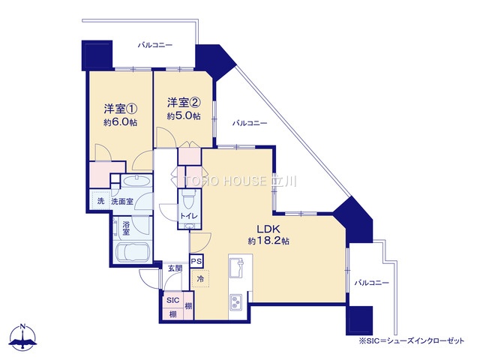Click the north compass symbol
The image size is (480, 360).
(22, 337)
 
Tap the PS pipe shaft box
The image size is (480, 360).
(196, 262)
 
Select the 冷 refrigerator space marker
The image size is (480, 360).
(200, 279)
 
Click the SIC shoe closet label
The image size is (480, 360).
(173, 300)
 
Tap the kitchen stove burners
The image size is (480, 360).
(235, 301)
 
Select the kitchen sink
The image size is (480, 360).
(236, 267)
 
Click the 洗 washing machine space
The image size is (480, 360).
(100, 201)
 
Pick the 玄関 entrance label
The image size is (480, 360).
(175, 268)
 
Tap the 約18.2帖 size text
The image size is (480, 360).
(268, 241)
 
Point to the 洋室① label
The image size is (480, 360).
(121, 109)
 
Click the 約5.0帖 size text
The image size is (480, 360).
(184, 116)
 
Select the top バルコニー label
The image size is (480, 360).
(155, 45)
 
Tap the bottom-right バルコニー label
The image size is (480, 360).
(372, 283)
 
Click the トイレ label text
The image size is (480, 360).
(189, 216)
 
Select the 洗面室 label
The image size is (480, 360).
(121, 202)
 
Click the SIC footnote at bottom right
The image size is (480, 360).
(412, 340)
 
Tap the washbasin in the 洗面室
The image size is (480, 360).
(136, 181)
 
